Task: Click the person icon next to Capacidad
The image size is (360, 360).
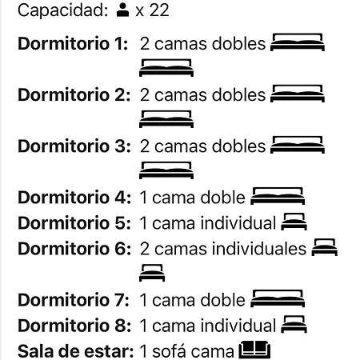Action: (122, 10)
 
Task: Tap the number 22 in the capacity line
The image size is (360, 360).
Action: (159, 10)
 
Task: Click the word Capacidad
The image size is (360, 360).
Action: (63, 10)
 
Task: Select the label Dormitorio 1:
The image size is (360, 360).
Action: (73, 43)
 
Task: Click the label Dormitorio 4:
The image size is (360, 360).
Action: (74, 198)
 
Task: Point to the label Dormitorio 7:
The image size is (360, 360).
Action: (74, 300)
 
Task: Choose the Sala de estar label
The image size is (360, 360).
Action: (76, 351)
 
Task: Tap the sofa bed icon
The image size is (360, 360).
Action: (254, 350)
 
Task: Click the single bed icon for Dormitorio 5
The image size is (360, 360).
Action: (294, 222)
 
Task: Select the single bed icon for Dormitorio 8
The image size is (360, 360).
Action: (294, 324)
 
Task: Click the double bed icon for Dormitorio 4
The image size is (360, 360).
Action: (278, 196)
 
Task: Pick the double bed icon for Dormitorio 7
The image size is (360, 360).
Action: (278, 298)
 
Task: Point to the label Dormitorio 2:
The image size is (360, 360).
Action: (74, 94)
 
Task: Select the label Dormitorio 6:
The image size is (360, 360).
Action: (74, 249)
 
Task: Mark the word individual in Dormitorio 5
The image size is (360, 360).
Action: (238, 223)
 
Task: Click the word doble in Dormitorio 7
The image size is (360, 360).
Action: (222, 300)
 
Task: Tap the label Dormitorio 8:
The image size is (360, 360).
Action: (74, 326)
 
